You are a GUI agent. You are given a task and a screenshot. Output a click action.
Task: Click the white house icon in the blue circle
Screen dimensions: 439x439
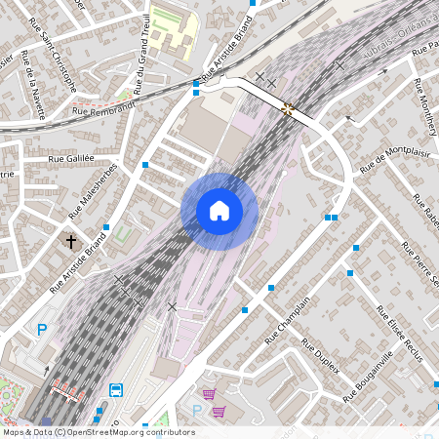(x=219, y=211)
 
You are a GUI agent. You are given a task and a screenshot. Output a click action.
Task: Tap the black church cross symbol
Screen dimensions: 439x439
(x=70, y=240)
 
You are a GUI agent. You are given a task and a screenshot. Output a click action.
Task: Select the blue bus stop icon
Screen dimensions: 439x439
(x=116, y=390)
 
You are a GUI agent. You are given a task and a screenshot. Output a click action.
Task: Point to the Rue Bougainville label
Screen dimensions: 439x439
(x=368, y=380)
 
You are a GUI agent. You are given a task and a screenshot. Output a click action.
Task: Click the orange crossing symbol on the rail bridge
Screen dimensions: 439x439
(x=287, y=108)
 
